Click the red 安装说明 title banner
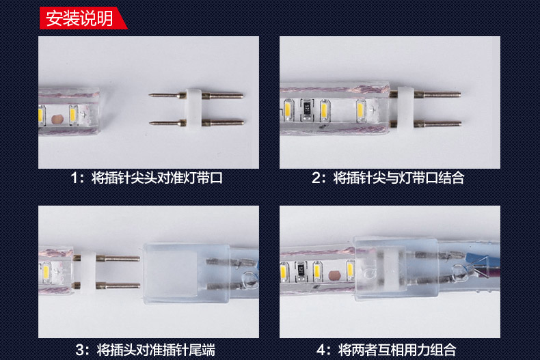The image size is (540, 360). pyautogui.click(x=83, y=18)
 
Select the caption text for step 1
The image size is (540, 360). pyautogui.click(x=147, y=178)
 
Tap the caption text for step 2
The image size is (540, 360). pyautogui.click(x=388, y=178)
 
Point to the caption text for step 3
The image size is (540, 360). pyautogui.click(x=146, y=350)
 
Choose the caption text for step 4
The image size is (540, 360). pyautogui.click(x=386, y=350)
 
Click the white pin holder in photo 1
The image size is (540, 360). pyautogui.click(x=194, y=109)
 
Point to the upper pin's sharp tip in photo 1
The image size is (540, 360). pyautogui.click(x=150, y=95)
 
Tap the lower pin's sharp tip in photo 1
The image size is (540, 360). pyautogui.click(x=150, y=123)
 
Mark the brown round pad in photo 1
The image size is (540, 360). pyautogui.click(x=57, y=120)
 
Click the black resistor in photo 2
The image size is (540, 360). pyautogui.click(x=306, y=109)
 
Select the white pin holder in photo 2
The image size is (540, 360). pyautogui.click(x=406, y=109)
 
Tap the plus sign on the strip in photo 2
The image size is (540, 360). pyautogui.click(x=373, y=110)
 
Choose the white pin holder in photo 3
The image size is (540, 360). pyautogui.click(x=88, y=272)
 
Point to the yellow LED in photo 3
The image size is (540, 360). pyautogui.click(x=46, y=273)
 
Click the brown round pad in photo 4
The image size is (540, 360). pyautogui.click(x=334, y=275)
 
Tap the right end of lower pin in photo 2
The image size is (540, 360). pyautogui.click(x=460, y=124)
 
